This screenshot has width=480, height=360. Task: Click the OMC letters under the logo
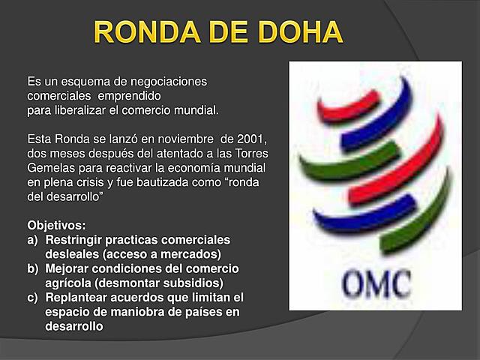[x=376, y=283]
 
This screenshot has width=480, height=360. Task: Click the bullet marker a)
[x=33, y=240]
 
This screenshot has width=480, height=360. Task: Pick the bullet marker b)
[x=33, y=268]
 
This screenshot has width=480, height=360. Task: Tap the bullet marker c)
[x=33, y=298]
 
